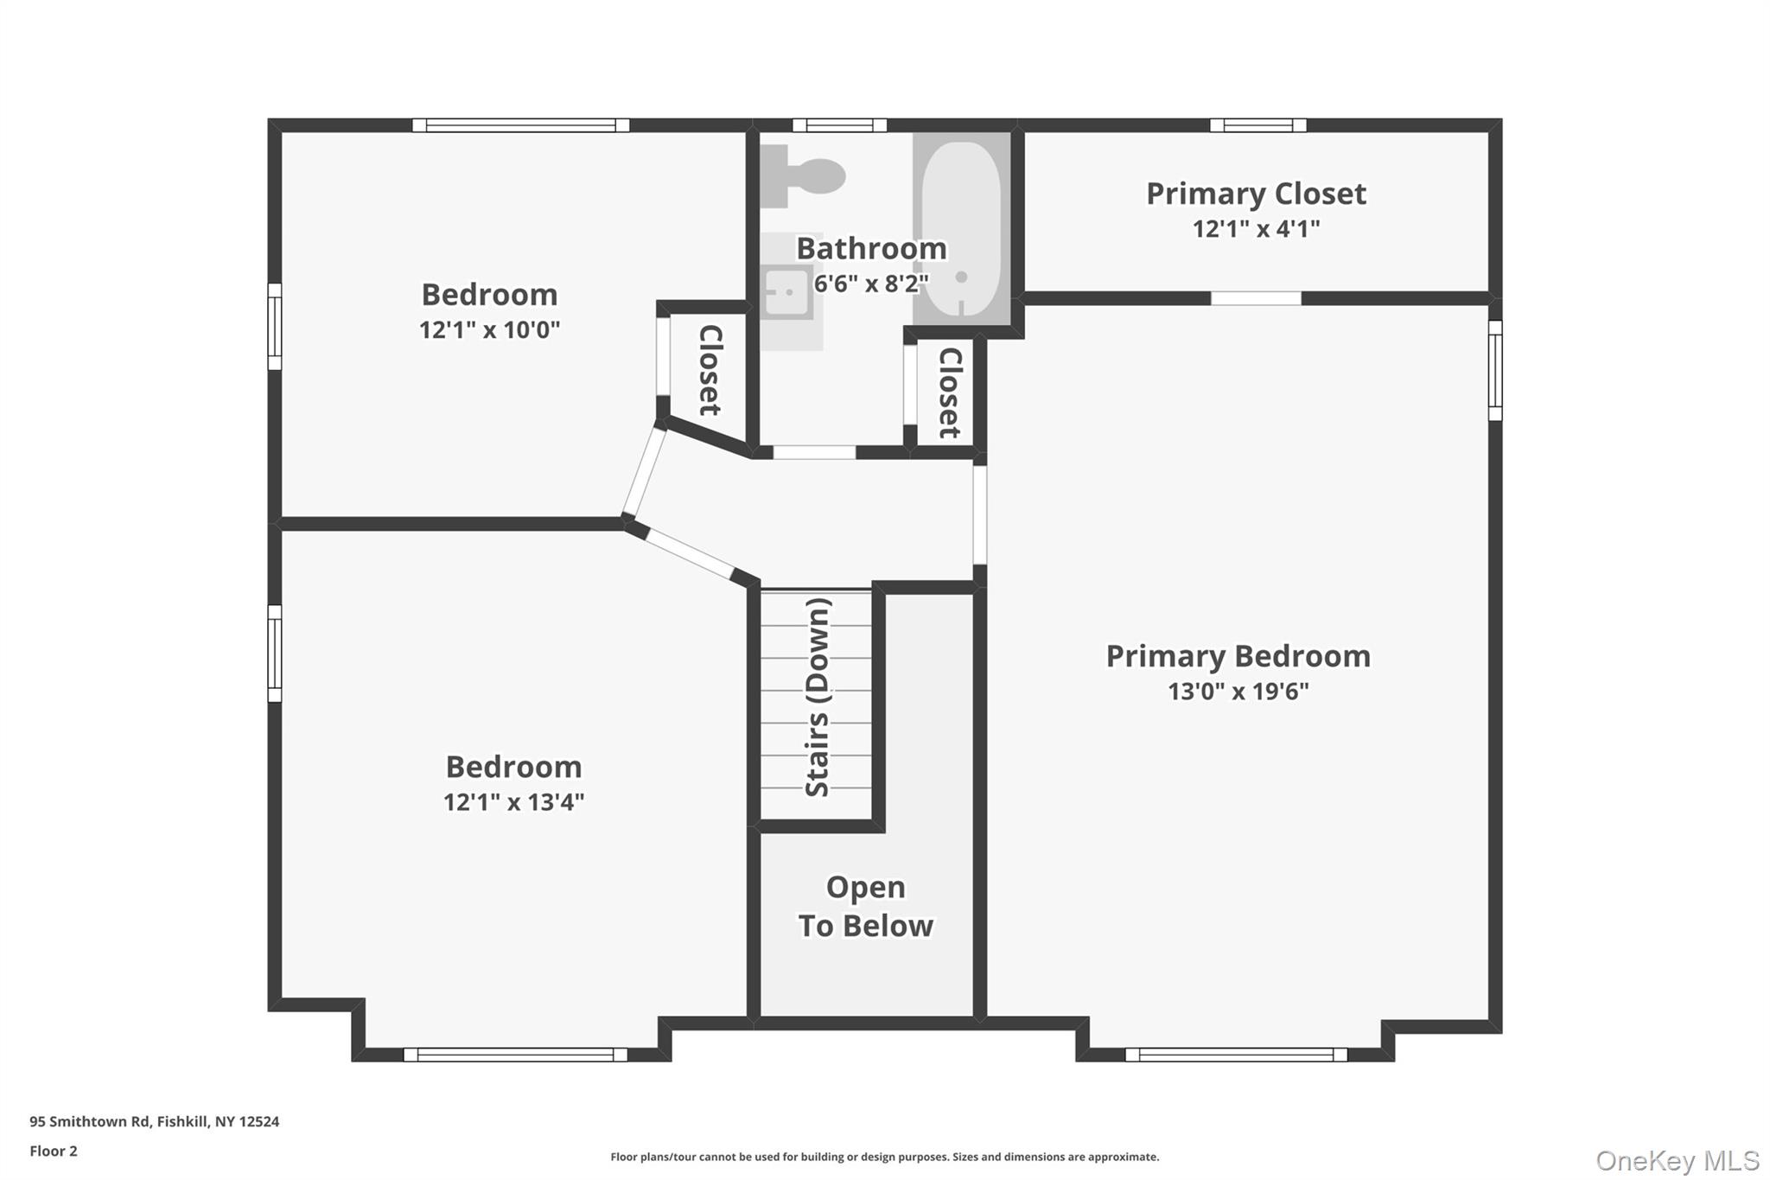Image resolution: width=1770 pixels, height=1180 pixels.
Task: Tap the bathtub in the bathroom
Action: pos(961,228)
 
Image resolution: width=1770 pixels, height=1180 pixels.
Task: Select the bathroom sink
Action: pos(787,291)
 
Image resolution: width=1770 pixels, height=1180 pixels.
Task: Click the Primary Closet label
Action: pos(1256,194)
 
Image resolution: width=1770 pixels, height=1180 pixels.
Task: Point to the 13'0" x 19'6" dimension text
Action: pos(1238,692)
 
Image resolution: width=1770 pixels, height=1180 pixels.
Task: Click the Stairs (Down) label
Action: pos(817,697)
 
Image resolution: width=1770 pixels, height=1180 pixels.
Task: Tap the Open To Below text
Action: pos(865,906)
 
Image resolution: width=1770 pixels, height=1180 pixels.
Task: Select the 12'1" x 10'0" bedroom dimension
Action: pos(489,330)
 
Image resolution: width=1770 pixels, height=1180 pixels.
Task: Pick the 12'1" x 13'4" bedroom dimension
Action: pos(513,802)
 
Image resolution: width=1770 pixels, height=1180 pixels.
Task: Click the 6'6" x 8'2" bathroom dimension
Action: pos(870,283)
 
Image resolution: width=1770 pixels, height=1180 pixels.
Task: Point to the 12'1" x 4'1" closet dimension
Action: pos(1256,229)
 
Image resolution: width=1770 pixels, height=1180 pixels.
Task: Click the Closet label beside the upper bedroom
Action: pos(710,370)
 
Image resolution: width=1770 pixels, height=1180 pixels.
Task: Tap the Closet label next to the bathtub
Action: pos(949,392)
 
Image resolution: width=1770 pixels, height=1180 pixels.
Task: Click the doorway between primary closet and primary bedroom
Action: pos(1256,298)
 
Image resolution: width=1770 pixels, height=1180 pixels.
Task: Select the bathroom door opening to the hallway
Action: pos(813,452)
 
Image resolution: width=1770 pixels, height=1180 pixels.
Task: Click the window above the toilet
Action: pos(839,125)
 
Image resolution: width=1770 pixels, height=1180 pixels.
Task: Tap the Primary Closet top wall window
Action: pos(1257,125)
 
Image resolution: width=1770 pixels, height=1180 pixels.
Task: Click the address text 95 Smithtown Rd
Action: pos(154,1121)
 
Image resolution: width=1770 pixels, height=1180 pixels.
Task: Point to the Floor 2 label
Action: pos(54,1151)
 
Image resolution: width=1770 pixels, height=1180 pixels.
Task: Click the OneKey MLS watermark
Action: pos(1677,1160)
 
